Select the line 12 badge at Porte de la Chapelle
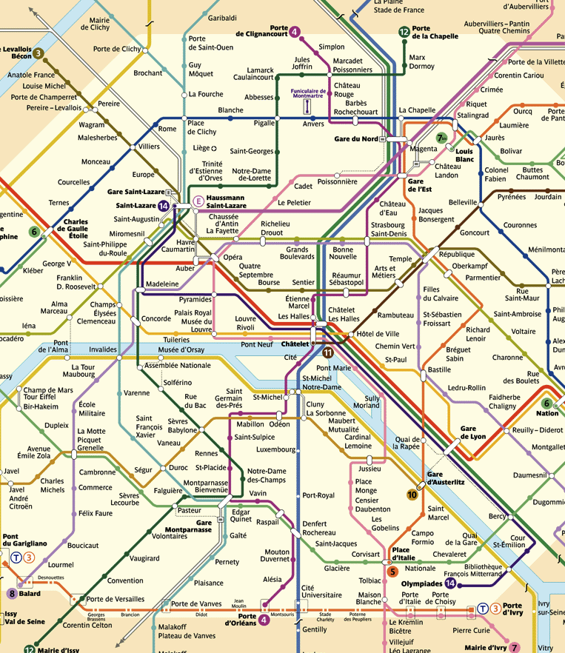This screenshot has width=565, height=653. pyautogui.click(x=404, y=32)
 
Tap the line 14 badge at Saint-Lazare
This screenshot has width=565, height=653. pyautogui.click(x=164, y=206)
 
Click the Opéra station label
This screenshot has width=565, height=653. pyautogui.click(x=233, y=257)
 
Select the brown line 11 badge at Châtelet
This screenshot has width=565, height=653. pyautogui.click(x=328, y=352)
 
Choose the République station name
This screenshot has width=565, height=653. pyautogui.click(x=456, y=254)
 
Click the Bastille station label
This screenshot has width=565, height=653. pyautogui.click(x=438, y=369)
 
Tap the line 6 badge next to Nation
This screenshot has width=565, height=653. pyautogui.click(x=547, y=403)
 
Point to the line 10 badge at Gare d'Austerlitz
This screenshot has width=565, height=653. pyautogui.click(x=412, y=495)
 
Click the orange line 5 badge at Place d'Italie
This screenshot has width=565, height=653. pyautogui.click(x=392, y=571)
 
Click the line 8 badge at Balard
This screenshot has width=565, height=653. pyautogui.click(x=12, y=593)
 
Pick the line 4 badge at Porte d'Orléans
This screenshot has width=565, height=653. pyautogui.click(x=264, y=621)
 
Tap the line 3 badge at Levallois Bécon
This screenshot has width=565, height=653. pyautogui.click(x=38, y=53)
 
